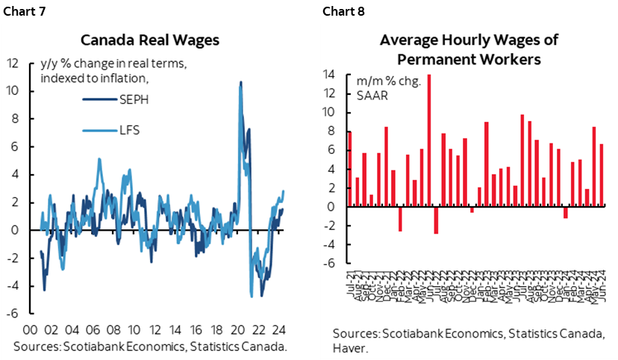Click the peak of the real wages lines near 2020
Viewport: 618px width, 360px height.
click(x=240, y=82)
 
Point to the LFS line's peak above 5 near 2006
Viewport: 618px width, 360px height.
click(x=99, y=158)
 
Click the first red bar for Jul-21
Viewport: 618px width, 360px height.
click(x=349, y=170)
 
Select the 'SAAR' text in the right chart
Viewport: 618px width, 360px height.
click(x=370, y=94)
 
